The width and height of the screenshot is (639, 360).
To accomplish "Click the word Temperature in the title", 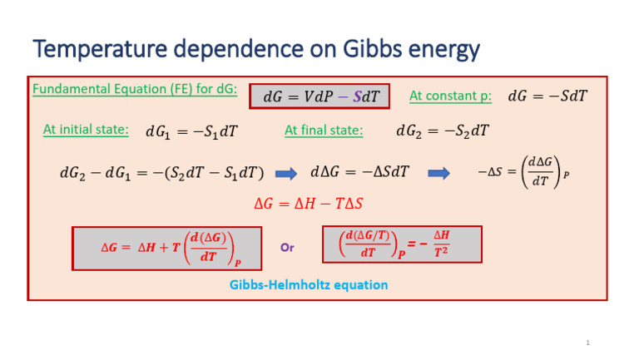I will click(93, 50).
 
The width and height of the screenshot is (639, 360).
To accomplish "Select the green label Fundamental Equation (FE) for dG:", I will click(136, 89).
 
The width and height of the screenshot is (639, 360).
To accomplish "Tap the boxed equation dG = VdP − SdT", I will click(320, 97).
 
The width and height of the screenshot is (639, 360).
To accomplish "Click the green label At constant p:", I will click(450, 96).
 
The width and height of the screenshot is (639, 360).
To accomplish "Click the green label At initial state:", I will click(86, 130).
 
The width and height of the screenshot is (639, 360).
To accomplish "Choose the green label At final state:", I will click(324, 130).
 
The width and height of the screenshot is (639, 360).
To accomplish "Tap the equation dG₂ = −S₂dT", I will click(442, 131).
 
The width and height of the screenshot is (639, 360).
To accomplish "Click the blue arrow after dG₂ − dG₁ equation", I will click(286, 174).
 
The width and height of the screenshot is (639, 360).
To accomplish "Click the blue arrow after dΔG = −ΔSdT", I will click(438, 174).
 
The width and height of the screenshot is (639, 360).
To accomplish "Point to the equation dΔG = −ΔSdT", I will click(359, 174).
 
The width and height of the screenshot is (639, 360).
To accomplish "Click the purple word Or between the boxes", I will click(287, 248).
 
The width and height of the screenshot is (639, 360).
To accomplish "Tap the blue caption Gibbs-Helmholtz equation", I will click(308, 285).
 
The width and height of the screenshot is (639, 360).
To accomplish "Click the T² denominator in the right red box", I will click(442, 253).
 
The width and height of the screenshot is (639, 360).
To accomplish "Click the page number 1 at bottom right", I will click(587, 343).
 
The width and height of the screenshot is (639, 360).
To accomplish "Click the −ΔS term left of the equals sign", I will click(490, 173).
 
